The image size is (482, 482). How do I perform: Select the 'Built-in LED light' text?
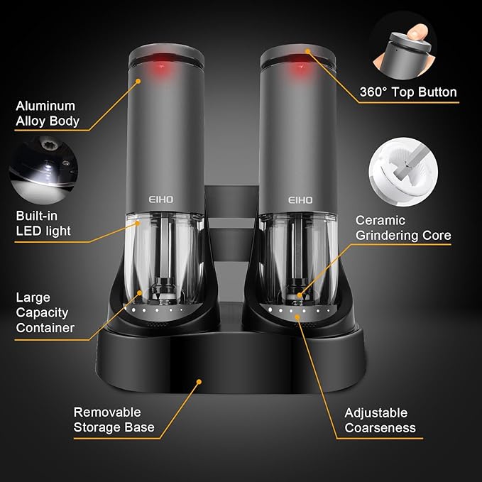43,223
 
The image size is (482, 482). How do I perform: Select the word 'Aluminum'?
44,106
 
